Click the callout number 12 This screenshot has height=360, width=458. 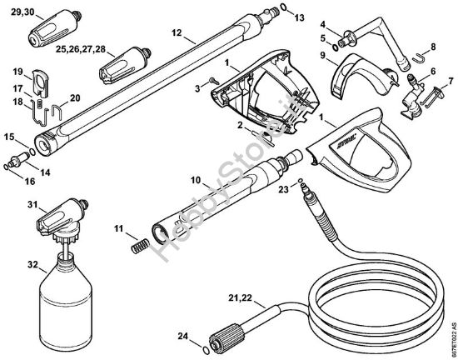[x=176, y=32]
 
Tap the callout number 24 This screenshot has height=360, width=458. [x=182, y=337]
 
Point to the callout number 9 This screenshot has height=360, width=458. [x=322, y=55]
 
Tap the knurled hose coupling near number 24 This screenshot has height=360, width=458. [x=226, y=336]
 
